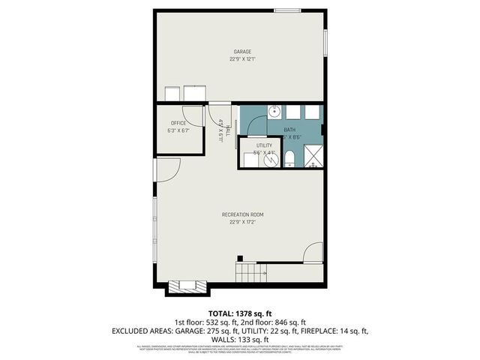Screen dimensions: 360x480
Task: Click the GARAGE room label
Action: pyautogui.click(x=241, y=52)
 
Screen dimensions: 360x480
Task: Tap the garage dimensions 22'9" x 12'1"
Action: pyautogui.click(x=241, y=59)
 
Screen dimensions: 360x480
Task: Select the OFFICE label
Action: pyautogui.click(x=178, y=123)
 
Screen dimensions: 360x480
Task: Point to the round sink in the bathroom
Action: pyautogui.click(x=274, y=112)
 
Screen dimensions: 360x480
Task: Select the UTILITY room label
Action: pyautogui.click(x=264, y=145)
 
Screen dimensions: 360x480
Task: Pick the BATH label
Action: pyautogui.click(x=289, y=130)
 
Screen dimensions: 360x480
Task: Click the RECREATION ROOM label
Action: pyautogui.click(x=242, y=215)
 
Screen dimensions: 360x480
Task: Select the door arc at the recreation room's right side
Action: pyautogui.click(x=313, y=253)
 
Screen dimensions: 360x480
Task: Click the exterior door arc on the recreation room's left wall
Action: pyautogui.click(x=166, y=170)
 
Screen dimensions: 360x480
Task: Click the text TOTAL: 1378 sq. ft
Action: pyautogui.click(x=240, y=313)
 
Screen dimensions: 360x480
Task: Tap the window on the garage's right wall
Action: pyautogui.click(x=325, y=42)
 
